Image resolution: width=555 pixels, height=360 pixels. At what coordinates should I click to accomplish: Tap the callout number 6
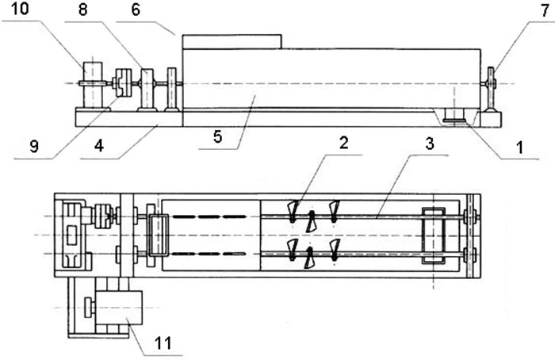click(x=136, y=12)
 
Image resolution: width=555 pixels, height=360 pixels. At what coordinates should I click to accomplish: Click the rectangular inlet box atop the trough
click(x=232, y=40)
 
